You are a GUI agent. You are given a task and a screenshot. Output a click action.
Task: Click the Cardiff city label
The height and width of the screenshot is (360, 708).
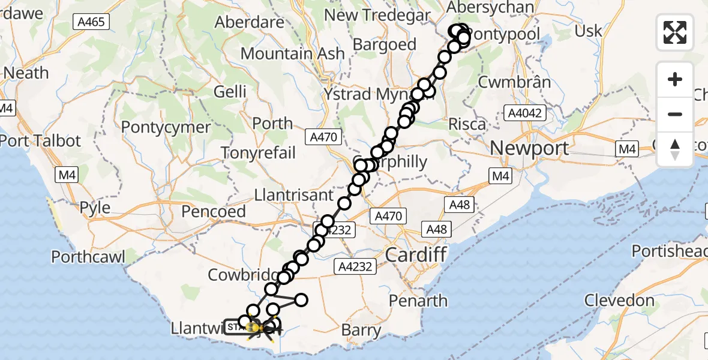click(x=416, y=254)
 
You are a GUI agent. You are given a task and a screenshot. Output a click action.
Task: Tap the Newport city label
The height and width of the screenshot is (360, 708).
click(x=529, y=148)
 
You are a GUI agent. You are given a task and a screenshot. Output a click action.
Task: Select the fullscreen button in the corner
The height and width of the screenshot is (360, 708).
click(x=675, y=32)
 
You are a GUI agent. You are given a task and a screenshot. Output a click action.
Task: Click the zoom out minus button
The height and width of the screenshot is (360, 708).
click(x=675, y=114)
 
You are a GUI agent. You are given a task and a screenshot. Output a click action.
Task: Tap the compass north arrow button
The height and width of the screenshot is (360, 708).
click(x=675, y=149)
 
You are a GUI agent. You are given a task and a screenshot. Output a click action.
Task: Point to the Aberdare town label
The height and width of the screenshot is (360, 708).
click(x=249, y=22)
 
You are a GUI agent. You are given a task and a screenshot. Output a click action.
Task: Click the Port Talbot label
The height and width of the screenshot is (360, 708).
click(x=40, y=141)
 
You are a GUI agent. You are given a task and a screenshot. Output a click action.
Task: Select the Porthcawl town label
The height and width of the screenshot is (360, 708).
click(x=88, y=257)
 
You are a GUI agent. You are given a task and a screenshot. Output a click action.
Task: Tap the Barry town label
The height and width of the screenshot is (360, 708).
click(x=361, y=330)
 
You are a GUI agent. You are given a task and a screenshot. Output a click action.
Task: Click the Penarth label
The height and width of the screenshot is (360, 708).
click(x=418, y=300)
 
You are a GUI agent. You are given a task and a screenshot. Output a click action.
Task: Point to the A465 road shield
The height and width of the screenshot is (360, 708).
click(x=91, y=22)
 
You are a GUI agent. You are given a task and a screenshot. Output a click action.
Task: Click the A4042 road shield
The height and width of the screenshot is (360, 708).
click(x=526, y=113)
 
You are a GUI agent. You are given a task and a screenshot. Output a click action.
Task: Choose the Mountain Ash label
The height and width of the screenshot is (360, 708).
click(x=292, y=53)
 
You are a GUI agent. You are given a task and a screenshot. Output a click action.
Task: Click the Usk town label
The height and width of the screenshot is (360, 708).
click(x=588, y=31)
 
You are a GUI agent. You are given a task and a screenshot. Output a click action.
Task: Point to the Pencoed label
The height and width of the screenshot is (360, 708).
click(x=213, y=211)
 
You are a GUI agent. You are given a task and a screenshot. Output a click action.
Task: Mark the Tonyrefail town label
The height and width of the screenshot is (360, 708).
click(x=258, y=152)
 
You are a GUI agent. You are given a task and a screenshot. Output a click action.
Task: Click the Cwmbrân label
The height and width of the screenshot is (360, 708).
click(x=514, y=81)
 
